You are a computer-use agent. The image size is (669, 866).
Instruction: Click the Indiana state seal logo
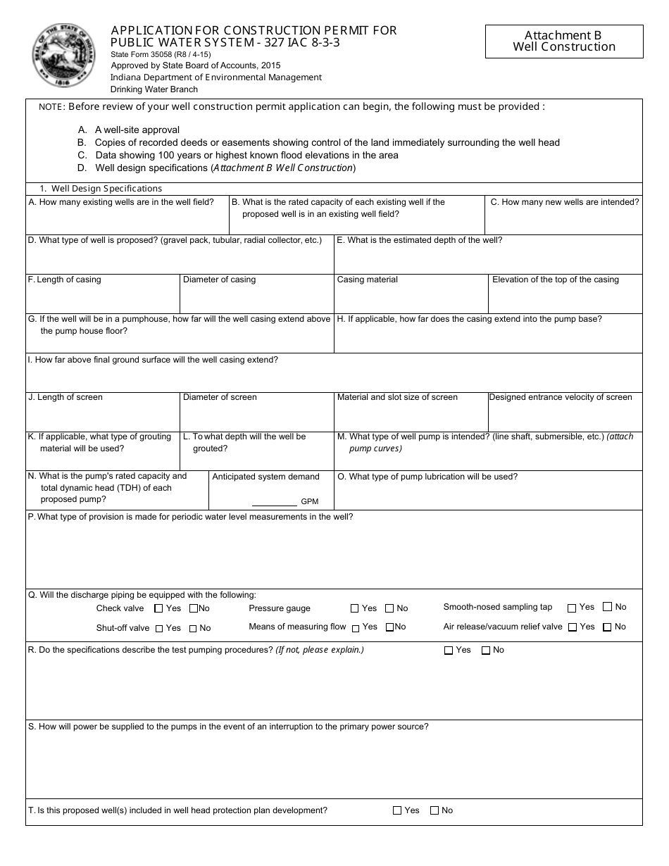[x=64, y=55]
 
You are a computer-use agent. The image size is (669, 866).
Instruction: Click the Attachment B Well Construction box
[x=564, y=42]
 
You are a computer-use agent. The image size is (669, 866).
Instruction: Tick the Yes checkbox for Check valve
[x=158, y=608]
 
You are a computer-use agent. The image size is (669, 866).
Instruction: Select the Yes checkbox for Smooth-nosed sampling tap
[x=572, y=608]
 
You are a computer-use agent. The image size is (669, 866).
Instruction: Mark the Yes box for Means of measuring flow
[x=356, y=627]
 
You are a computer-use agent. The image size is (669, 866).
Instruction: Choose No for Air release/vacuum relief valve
[x=607, y=627]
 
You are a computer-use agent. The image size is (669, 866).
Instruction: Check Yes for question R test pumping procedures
[x=449, y=651]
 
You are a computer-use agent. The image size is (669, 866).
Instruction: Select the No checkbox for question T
[x=434, y=810]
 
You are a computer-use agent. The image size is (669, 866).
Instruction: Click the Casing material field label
[x=368, y=280]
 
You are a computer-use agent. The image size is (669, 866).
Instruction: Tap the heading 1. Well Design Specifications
[x=101, y=189]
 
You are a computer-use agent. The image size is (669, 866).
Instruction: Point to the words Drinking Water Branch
[x=154, y=89]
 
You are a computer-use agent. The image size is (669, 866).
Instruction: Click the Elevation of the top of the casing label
[x=556, y=280]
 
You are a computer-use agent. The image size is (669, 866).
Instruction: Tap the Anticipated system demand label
[x=266, y=477]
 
